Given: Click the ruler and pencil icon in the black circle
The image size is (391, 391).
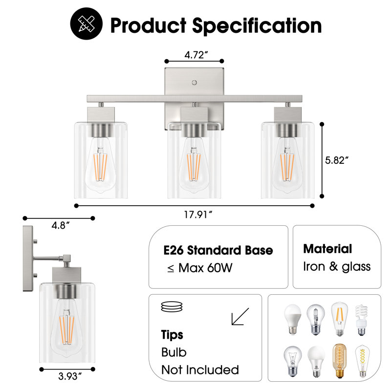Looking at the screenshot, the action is pos(87,23).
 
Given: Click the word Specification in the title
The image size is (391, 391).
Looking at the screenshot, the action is pos(257,25).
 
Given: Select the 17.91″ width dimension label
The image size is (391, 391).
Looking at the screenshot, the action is pos(198,215).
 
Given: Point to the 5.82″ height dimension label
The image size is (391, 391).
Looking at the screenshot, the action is pos(337,160).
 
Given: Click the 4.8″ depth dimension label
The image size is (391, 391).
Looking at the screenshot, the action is pos(60,225).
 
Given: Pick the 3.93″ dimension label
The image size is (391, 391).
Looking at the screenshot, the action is pos(70,376).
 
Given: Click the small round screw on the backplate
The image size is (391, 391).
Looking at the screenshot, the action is pos(194,82).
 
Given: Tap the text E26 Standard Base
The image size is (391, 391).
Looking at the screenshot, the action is pos(218,250).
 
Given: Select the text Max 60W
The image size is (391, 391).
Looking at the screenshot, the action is pos(205,268).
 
